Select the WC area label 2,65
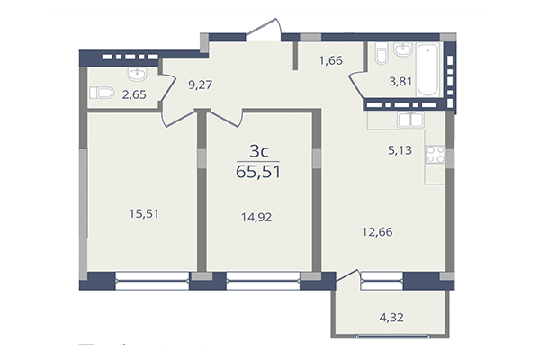pyautogui.click(x=135, y=93)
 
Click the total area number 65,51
pyautogui.click(x=257, y=172)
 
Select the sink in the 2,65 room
pyautogui.click(x=137, y=73)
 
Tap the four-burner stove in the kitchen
pyautogui.click(x=435, y=153)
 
